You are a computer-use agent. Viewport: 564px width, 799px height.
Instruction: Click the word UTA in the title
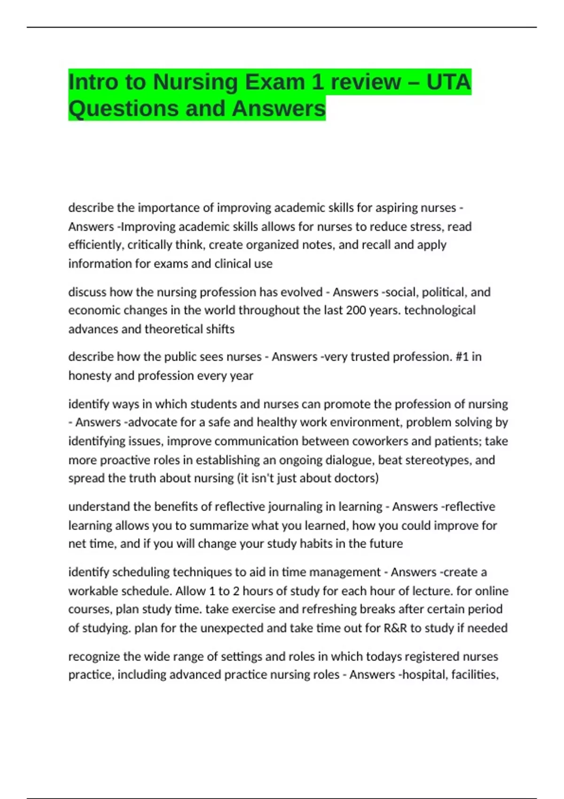pos(448,82)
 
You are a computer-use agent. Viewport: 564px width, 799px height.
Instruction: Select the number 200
pos(360,310)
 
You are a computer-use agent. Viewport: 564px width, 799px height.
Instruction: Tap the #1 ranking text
pos(462,357)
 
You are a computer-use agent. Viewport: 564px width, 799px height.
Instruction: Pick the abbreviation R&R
pos(395,628)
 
